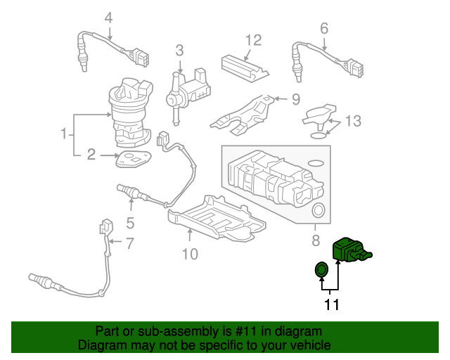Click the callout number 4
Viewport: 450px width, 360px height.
(108, 18)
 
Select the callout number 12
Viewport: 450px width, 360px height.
(254, 40)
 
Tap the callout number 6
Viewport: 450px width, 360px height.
(324, 29)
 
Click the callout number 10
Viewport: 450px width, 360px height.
(191, 254)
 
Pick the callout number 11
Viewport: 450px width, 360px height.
(331, 304)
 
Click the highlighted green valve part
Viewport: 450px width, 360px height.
(352, 249)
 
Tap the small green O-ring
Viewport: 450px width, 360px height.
(321, 269)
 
